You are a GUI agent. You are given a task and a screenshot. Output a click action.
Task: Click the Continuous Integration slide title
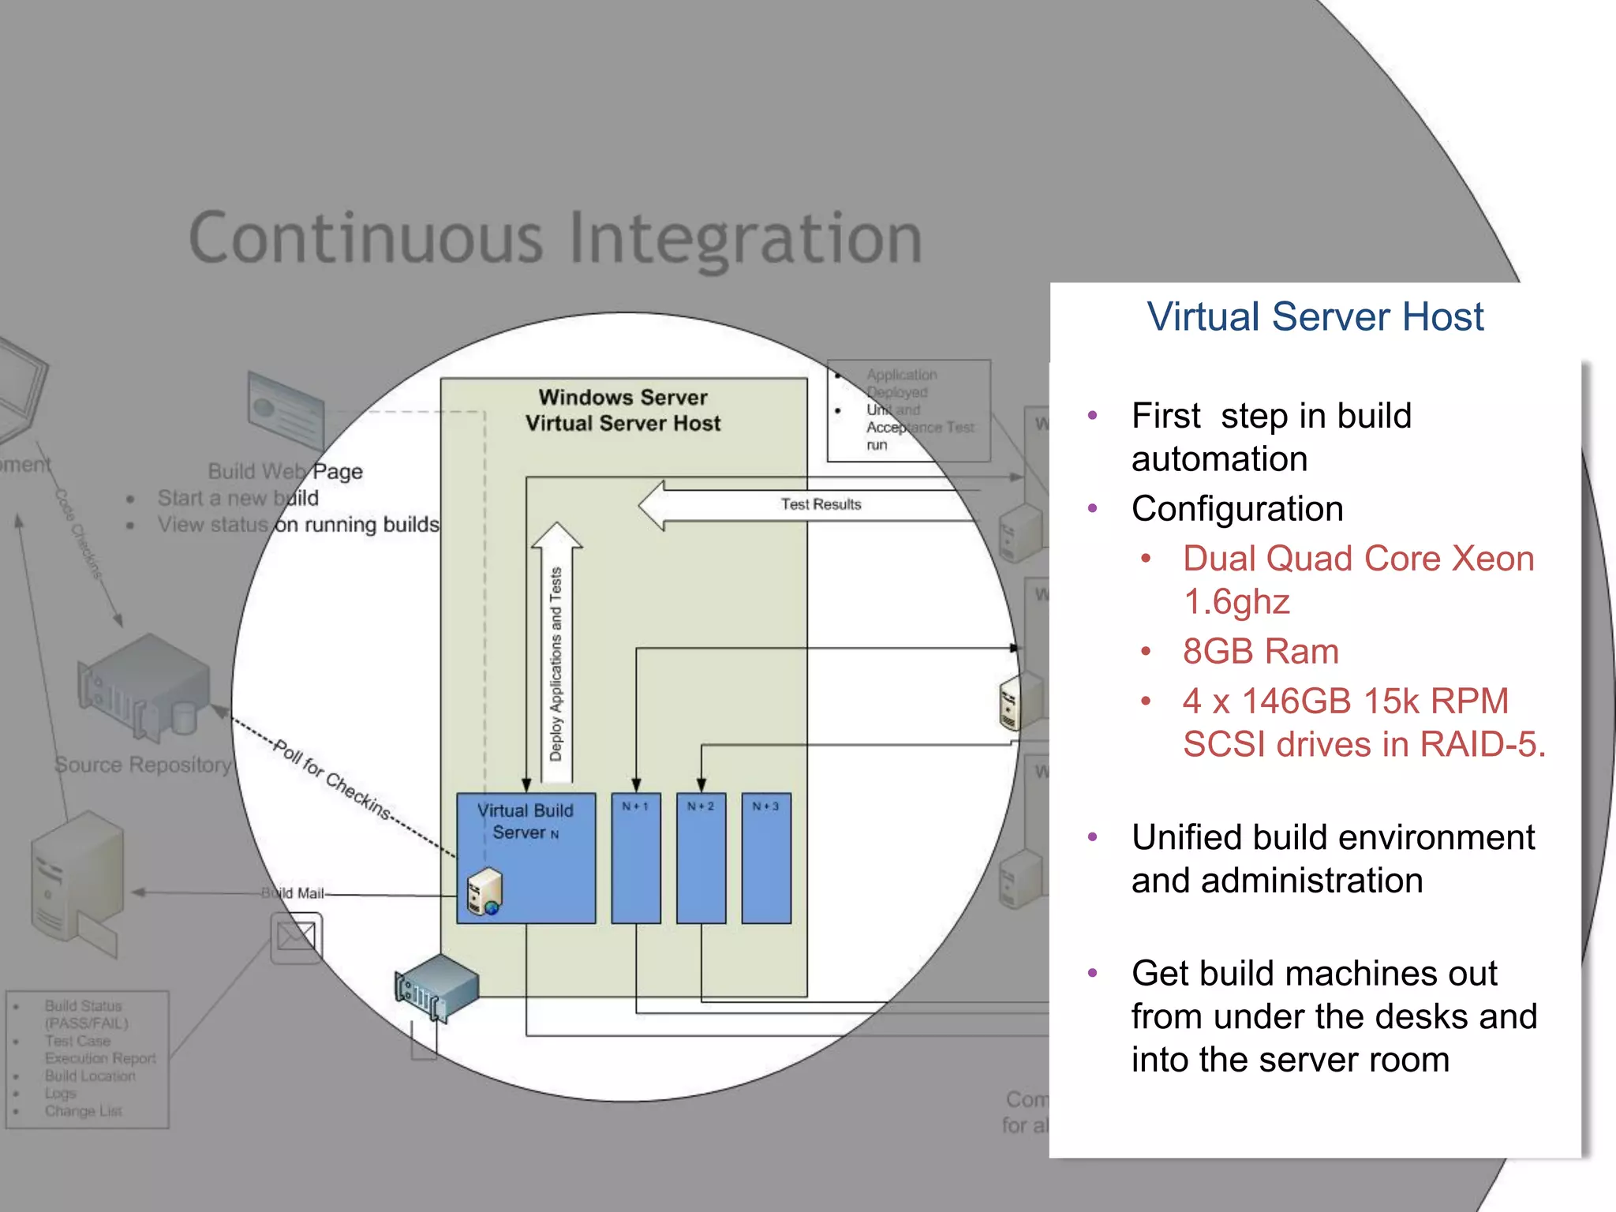[555, 238]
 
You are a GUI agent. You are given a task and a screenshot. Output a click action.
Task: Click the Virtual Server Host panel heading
[1315, 317]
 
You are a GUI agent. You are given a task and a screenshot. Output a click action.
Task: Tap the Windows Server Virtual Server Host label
[623, 410]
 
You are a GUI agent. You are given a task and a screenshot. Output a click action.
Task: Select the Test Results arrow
[805, 505]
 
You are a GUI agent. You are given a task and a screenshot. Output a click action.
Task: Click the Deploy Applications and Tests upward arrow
[556, 655]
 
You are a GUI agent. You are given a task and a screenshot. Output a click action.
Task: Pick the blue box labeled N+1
[635, 858]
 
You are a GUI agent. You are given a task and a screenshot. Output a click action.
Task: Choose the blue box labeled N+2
[701, 858]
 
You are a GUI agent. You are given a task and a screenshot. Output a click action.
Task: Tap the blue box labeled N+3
[765, 858]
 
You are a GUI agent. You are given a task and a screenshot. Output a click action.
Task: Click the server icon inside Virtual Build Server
[484, 892]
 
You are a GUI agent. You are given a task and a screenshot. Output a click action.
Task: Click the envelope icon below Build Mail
[296, 937]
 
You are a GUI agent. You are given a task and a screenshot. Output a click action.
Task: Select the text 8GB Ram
[1260, 652]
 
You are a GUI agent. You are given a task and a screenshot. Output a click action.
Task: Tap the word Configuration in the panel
[1236, 509]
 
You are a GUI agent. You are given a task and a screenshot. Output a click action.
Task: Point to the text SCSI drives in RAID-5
[1363, 744]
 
